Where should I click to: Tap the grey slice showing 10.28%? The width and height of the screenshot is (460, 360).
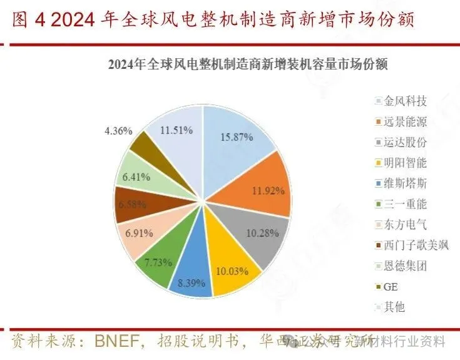coord(258,232)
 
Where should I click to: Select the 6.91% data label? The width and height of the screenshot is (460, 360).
coord(138,233)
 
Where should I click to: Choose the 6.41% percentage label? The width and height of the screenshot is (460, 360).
coord(136,177)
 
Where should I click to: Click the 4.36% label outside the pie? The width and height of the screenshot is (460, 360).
coord(118,131)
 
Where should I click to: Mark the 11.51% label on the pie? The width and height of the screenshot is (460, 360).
coord(176,131)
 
